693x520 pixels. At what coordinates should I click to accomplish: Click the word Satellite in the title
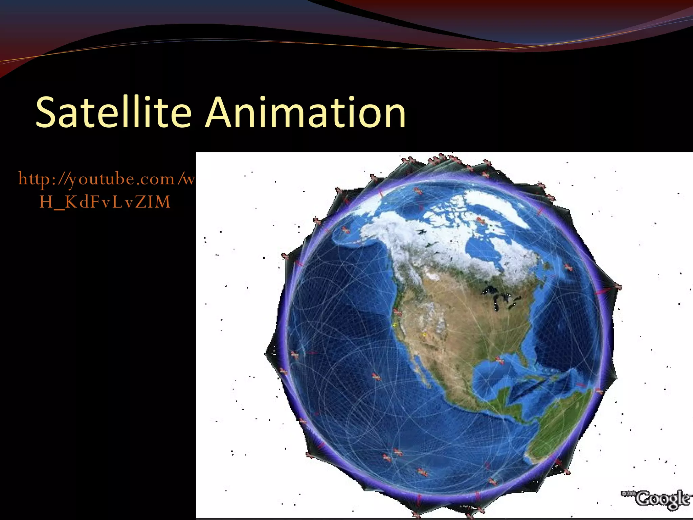tap(114, 112)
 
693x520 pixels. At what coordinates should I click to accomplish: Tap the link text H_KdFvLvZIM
tap(105, 202)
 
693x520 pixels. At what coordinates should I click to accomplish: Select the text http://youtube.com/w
tap(107, 179)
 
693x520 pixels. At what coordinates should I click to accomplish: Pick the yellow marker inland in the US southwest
tap(424, 335)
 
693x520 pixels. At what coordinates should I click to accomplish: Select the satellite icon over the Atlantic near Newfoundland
tap(568, 268)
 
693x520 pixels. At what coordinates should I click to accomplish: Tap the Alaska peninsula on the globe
tap(349, 237)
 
